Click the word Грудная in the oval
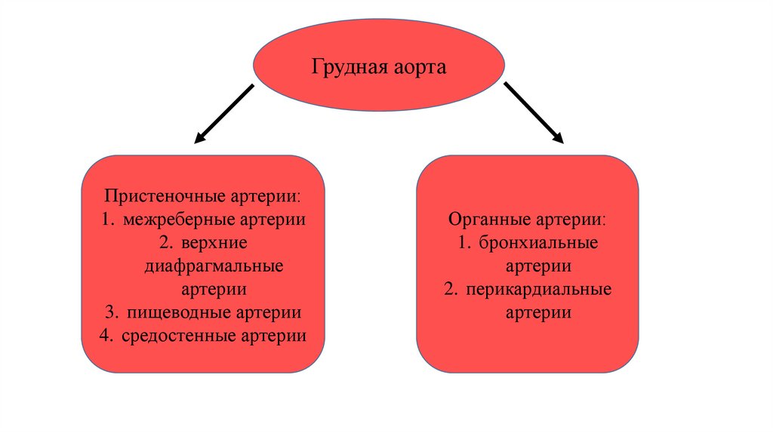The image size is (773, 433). point(350,68)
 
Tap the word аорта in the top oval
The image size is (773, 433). point(419,68)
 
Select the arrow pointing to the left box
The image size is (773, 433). point(223,114)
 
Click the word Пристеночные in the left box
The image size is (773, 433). point(156,196)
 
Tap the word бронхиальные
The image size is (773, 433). point(538,243)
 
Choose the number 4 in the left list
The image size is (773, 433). point(103,336)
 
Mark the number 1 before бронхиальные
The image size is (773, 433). point(461,243)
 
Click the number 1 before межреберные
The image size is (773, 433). point(103,220)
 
